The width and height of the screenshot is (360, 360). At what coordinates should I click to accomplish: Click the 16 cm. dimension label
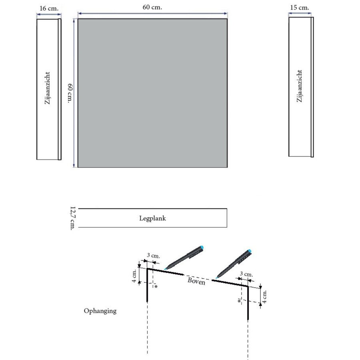[x=48, y=8]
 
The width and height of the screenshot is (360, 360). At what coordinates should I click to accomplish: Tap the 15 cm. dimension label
[x=300, y=7]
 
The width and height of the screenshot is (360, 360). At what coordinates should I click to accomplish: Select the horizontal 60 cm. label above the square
[x=152, y=7]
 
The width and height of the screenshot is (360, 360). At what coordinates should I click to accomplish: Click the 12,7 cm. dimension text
[x=72, y=218]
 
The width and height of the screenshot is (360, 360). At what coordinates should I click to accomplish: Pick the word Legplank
[x=152, y=218]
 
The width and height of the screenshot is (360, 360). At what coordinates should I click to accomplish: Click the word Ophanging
[x=100, y=310]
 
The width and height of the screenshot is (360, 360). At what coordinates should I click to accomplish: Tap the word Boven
[x=197, y=281]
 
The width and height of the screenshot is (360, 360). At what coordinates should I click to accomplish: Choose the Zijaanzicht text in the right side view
[x=300, y=86]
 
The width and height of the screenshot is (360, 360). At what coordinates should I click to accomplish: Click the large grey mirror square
[x=152, y=93]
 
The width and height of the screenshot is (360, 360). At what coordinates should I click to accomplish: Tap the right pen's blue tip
[x=250, y=252]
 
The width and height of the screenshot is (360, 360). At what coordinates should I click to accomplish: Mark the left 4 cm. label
[x=134, y=276]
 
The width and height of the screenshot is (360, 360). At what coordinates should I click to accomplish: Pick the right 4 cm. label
[x=265, y=296]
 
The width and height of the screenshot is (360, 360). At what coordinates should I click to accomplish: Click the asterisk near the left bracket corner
[x=156, y=286]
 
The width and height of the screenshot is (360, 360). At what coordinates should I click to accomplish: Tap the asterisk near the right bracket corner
[x=239, y=301]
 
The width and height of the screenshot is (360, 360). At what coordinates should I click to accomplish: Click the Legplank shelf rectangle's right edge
[x=227, y=218]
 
